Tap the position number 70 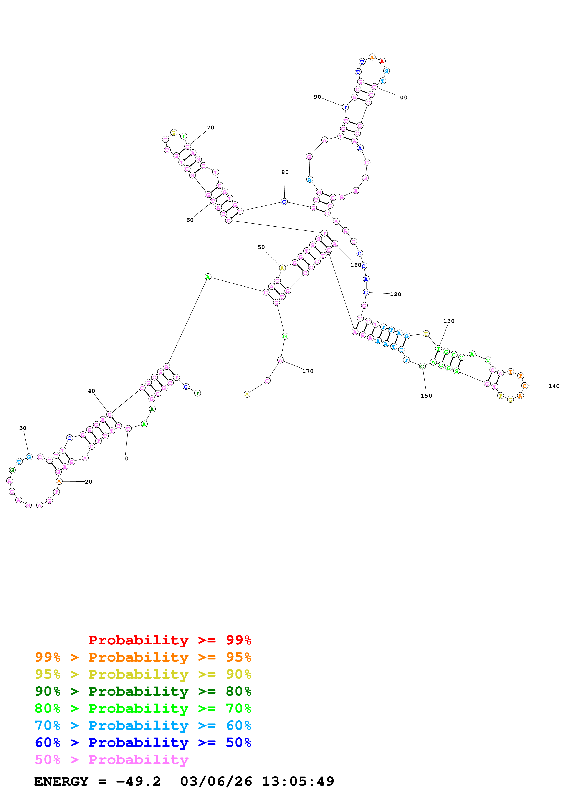click(210, 128)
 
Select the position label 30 click(23, 428)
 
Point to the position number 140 click(554, 386)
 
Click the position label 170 click(308, 371)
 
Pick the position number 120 click(395, 294)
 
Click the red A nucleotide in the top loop click(382, 61)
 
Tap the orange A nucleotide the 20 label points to click(59, 481)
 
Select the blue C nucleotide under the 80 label click(284, 202)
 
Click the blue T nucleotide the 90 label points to click(345, 107)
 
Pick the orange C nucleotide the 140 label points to click(524, 386)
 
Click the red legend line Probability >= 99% click(169, 640)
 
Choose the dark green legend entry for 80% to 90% click(143, 691)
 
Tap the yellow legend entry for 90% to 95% click(143, 674)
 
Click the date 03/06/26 click(216, 781)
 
